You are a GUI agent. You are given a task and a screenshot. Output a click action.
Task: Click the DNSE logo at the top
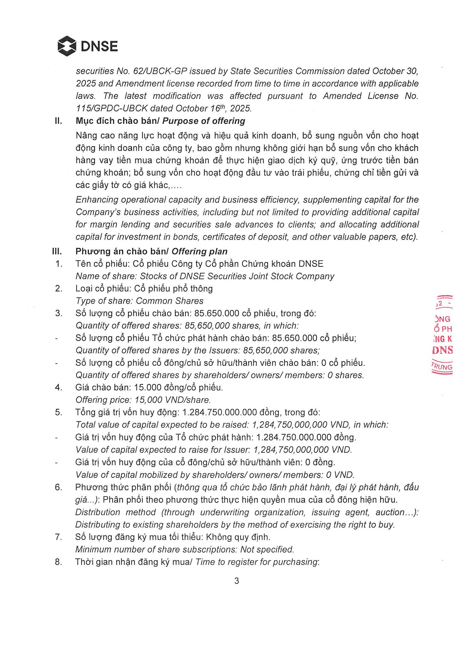(88, 46)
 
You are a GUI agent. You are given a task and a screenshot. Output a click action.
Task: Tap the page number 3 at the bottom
(236, 581)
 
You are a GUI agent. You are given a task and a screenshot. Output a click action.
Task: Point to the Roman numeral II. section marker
(58, 121)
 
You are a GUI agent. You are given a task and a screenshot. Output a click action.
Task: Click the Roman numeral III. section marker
(57, 251)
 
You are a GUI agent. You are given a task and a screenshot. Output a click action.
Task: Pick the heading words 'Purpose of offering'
(204, 121)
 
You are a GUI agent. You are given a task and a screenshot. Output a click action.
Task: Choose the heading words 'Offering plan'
(200, 251)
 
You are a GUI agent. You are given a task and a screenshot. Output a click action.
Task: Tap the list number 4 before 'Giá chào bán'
(58, 388)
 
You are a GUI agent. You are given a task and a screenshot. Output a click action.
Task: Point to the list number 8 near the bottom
(58, 562)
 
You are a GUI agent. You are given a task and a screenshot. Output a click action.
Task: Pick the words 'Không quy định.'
(238, 537)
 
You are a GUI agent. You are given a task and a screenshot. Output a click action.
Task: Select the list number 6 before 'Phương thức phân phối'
(58, 487)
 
